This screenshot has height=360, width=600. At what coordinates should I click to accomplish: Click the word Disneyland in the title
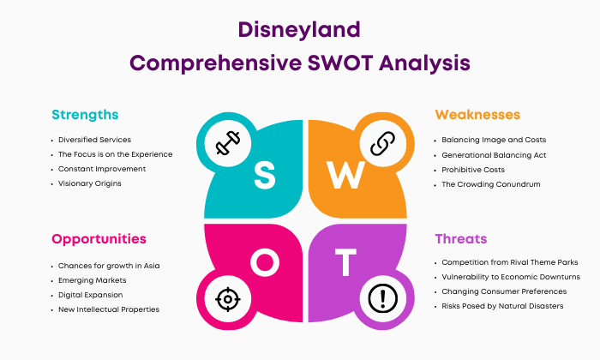299,30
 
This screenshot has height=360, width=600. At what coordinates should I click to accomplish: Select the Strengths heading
85,115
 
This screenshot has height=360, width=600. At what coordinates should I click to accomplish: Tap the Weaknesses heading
477,114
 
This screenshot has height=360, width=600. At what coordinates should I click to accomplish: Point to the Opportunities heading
99,239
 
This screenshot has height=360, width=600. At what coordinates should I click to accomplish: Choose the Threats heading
461,239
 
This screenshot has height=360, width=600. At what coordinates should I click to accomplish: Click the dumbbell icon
228,143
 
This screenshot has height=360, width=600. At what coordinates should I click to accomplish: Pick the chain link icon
382,143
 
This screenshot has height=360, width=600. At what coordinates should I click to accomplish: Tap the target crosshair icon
228,299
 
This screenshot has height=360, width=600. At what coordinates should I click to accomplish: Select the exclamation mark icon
383,298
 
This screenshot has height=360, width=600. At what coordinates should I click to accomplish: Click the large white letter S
265,175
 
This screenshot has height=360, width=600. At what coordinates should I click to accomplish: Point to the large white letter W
345,175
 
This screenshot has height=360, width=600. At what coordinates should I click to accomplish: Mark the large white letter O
265,262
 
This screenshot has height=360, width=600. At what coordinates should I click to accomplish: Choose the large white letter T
345,262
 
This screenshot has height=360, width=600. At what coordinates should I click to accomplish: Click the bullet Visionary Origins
89,183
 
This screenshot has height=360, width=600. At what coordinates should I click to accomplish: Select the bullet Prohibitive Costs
473,170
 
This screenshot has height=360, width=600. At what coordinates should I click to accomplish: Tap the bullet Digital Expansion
90,295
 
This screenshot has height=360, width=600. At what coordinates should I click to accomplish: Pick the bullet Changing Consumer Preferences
504,291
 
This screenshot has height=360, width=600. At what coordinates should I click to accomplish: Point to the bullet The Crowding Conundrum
491,184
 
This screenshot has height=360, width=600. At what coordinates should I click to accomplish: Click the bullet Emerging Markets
93,280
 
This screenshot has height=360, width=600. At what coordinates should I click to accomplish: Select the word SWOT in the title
339,63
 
